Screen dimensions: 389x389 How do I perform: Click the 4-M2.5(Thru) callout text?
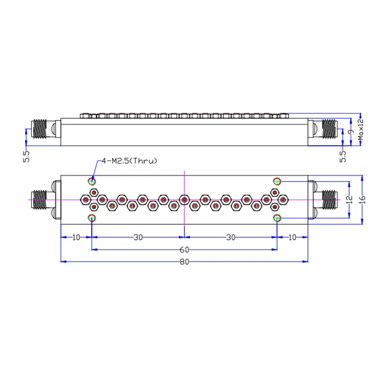click(x=129, y=161)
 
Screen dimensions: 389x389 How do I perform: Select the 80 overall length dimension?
click(x=184, y=262)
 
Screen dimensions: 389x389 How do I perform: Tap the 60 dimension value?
click(x=184, y=250)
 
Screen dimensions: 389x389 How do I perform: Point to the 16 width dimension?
click(x=363, y=200)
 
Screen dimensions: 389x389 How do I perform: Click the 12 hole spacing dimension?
click(x=349, y=200)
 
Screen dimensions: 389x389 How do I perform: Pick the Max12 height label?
click(x=361, y=130)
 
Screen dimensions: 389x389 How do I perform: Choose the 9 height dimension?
click(x=351, y=132)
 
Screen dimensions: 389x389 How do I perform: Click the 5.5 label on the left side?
click(x=26, y=157)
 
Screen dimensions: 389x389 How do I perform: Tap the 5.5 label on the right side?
click(x=343, y=157)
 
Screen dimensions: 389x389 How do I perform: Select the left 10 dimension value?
click(x=76, y=237)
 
